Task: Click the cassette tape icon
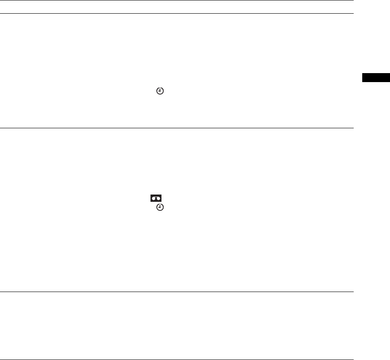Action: click(x=156, y=198)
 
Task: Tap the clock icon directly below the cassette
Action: click(x=160, y=207)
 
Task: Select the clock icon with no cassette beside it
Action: click(x=160, y=91)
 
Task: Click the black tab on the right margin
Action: click(x=376, y=77)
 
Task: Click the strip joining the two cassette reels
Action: click(x=156, y=199)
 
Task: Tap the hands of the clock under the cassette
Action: click(x=160, y=207)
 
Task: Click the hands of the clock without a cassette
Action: click(x=160, y=91)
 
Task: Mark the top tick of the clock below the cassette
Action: click(x=160, y=204)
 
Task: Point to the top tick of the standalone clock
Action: click(x=160, y=88)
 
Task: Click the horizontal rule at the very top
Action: click(x=177, y=0)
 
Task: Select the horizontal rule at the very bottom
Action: click(x=177, y=359)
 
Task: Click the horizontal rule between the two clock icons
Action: click(x=177, y=128)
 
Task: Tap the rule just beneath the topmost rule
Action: click(x=177, y=13)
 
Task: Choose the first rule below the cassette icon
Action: click(x=177, y=292)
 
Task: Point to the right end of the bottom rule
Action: click(x=352, y=359)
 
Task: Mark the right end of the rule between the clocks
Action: click(x=352, y=128)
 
